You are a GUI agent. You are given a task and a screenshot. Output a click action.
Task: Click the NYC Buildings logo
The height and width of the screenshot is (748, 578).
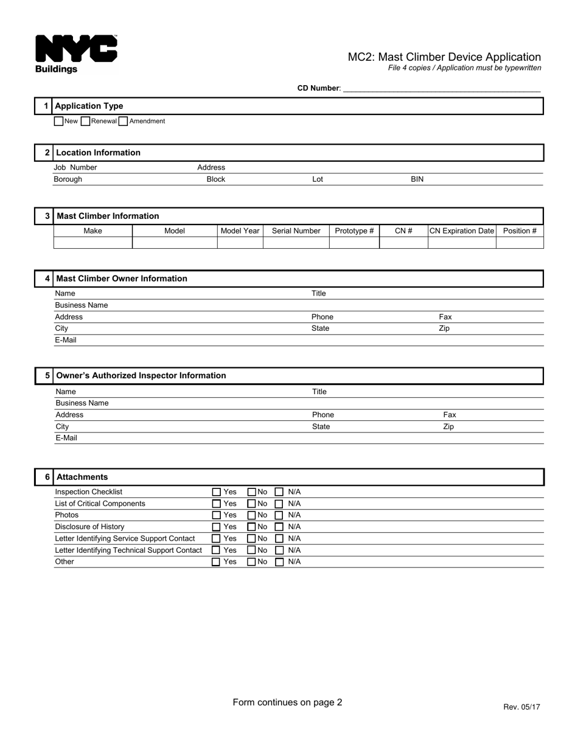click(x=76, y=54)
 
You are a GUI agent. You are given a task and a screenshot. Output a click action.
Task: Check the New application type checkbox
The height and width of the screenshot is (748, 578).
click(x=58, y=121)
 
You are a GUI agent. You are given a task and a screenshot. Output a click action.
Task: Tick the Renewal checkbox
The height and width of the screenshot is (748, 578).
click(x=85, y=121)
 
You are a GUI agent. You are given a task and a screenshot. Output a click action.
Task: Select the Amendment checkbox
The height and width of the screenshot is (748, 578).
click(x=123, y=121)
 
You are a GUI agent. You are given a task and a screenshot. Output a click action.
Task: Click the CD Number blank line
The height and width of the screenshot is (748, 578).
click(x=441, y=88)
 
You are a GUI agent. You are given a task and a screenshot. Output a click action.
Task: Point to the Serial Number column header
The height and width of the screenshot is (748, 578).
click(x=296, y=231)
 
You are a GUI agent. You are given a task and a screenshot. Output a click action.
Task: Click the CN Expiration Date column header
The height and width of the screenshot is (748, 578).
click(x=462, y=231)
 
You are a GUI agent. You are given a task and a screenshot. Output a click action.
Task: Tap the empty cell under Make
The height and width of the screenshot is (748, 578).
click(x=92, y=243)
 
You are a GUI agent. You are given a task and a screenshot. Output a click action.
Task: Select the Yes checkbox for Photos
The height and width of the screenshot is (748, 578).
click(x=216, y=516)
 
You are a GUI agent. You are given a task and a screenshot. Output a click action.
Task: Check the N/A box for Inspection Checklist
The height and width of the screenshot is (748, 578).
click(x=279, y=492)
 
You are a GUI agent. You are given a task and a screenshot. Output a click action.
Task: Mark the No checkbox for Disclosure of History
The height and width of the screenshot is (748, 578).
click(x=251, y=527)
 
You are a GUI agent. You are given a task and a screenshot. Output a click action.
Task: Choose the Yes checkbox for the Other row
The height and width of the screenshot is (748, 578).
click(x=216, y=563)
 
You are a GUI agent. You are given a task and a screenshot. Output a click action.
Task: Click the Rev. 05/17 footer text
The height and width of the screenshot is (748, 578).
click(x=521, y=707)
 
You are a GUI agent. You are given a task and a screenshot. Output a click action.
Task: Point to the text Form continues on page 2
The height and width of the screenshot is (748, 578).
click(x=287, y=702)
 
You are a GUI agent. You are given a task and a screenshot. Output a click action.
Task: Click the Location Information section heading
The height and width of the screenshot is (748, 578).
click(x=97, y=153)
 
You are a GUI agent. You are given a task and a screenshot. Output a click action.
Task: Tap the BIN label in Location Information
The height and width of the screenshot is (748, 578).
click(x=417, y=179)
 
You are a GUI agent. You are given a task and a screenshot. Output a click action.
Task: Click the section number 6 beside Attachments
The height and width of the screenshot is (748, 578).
click(x=47, y=477)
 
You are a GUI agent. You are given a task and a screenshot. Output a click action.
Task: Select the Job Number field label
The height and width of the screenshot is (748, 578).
click(x=75, y=167)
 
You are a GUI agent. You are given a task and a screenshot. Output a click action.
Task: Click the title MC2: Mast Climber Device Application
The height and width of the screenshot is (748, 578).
click(x=444, y=57)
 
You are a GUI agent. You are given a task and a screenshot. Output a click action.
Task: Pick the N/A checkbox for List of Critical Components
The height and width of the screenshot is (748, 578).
click(x=279, y=504)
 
